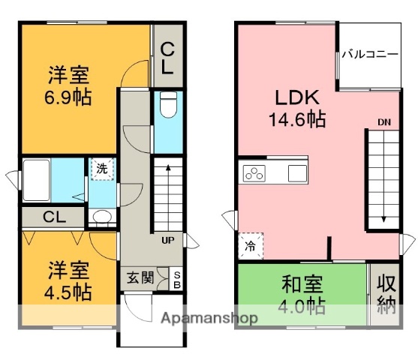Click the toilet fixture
(x=168, y=104)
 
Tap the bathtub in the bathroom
(x=37, y=180)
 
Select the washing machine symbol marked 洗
(x=102, y=169)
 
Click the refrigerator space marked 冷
(x=251, y=246)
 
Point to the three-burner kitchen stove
(x=254, y=173)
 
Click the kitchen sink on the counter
(x=297, y=173)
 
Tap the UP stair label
(x=168, y=240)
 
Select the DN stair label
(x=384, y=122)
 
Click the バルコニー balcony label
(x=370, y=54)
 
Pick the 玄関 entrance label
(x=140, y=278)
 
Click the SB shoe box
(x=177, y=280)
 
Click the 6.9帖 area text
(x=68, y=97)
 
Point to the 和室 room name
(x=302, y=284)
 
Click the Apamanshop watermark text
(x=209, y=318)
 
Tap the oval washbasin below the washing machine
(x=102, y=216)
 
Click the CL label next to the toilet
(x=167, y=58)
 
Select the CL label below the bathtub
(x=54, y=217)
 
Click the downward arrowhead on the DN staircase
(x=383, y=219)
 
